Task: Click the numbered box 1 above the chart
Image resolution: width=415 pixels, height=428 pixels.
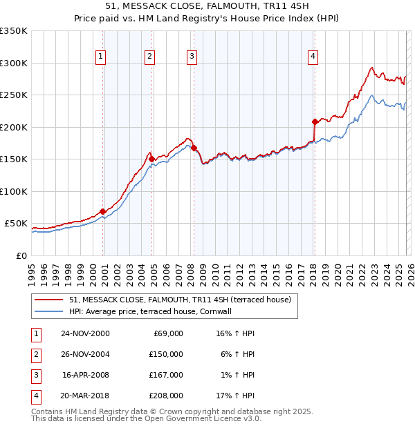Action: [101, 57]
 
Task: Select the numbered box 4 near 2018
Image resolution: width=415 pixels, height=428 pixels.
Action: [313, 57]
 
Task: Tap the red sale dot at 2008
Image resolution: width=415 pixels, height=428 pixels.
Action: [194, 148]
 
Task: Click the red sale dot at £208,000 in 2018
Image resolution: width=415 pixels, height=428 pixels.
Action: [315, 121]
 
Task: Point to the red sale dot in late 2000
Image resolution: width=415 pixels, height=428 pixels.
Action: [103, 211]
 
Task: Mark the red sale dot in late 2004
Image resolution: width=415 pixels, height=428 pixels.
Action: [152, 159]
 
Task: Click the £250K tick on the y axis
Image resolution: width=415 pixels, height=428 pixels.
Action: [14, 95]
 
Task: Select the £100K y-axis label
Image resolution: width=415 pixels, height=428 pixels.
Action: [14, 191]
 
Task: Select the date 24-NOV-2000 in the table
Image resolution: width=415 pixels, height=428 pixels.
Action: [85, 333]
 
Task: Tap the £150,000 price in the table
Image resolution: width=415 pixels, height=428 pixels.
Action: [165, 354]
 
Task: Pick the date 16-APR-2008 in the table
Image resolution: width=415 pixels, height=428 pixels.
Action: [86, 375]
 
